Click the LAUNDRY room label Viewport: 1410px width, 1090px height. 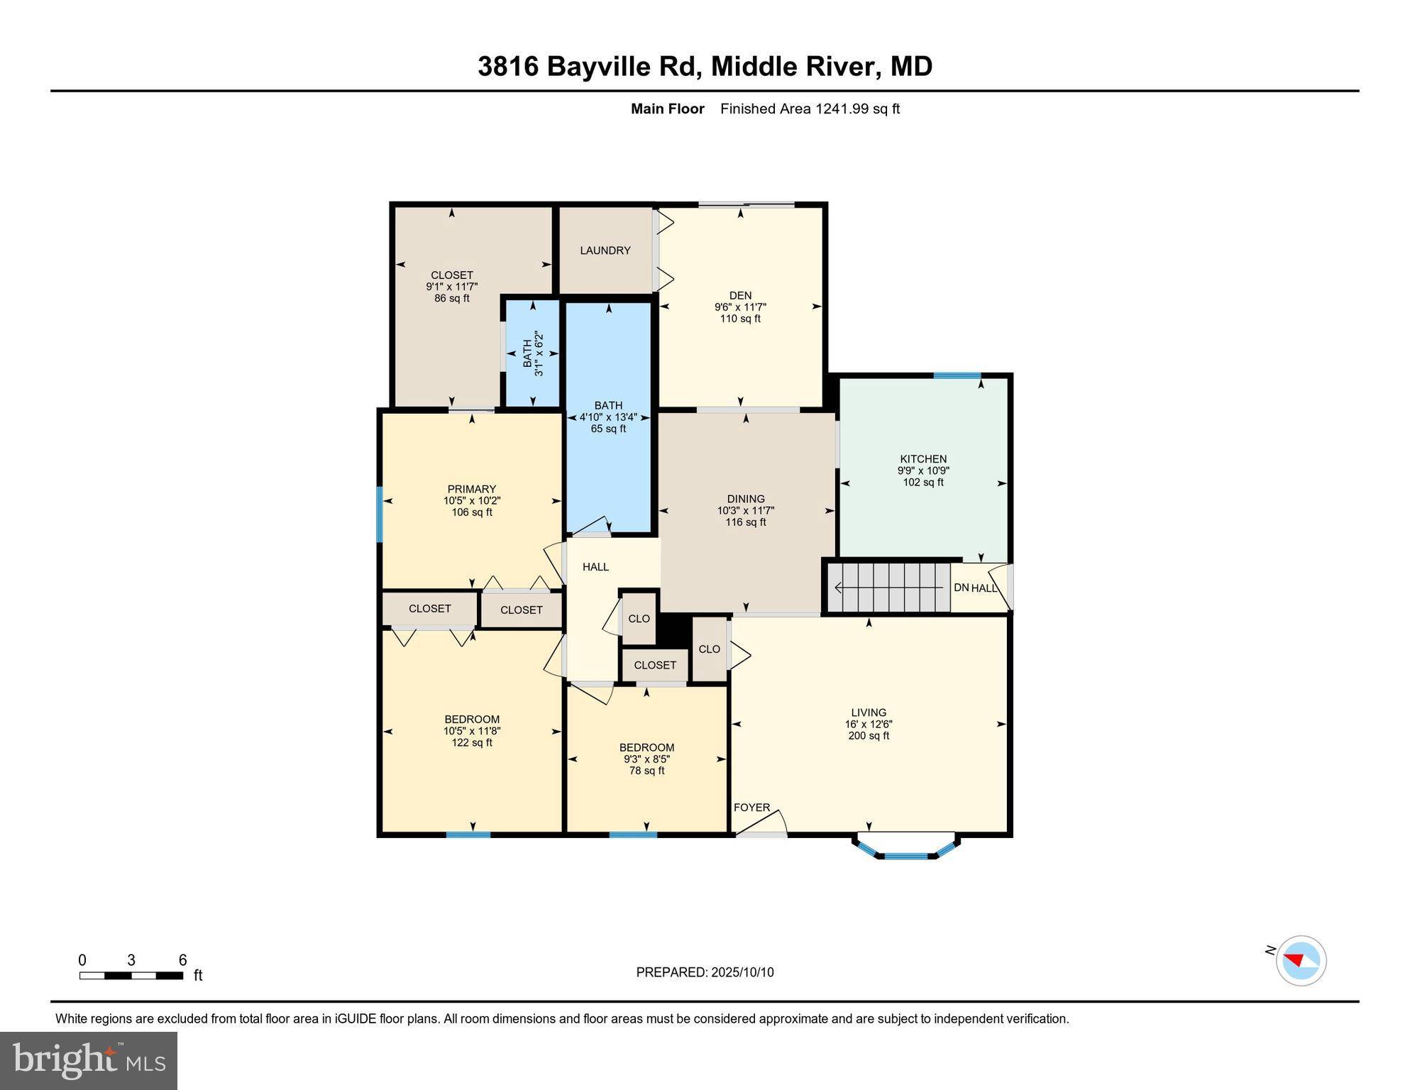click(605, 251)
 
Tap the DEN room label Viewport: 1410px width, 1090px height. click(740, 296)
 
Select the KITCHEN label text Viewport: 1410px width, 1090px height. click(923, 459)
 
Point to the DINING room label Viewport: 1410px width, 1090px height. click(745, 499)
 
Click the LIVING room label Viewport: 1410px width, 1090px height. click(869, 712)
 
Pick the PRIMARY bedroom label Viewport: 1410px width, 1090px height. click(471, 489)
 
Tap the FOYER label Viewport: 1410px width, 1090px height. click(751, 808)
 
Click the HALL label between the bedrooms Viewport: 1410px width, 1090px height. click(595, 567)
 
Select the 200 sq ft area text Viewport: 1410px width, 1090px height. click(869, 736)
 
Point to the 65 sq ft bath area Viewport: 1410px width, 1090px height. click(608, 429)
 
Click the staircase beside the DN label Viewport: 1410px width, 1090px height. click(890, 587)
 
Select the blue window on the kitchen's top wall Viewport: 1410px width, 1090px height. click(957, 375)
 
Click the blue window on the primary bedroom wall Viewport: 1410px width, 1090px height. click(380, 514)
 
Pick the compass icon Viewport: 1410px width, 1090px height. click(1301, 961)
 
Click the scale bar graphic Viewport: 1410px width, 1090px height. click(131, 976)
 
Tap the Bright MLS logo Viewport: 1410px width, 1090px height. click(89, 1061)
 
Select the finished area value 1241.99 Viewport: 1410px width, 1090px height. click(842, 109)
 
